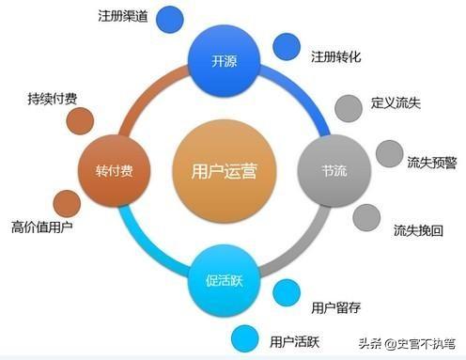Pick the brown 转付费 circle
pyautogui.click(x=113, y=171)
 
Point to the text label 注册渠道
pyautogui.click(x=122, y=17)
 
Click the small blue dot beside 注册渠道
pyautogui.click(x=170, y=18)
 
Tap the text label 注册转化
pyautogui.click(x=336, y=57)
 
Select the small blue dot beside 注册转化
pyautogui.click(x=286, y=45)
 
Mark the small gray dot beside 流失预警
pyautogui.click(x=389, y=153)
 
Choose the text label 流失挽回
pyautogui.click(x=418, y=228)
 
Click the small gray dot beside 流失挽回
pyautogui.click(x=366, y=216)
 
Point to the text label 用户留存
pyautogui.click(x=335, y=305)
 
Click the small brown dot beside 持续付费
pyautogui.click(x=81, y=120)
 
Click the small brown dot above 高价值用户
pyautogui.click(x=67, y=202)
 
